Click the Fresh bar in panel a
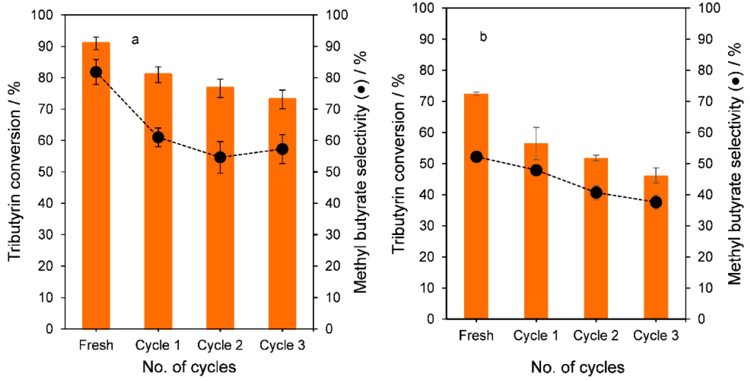[96, 204]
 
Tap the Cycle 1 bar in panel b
[536, 247]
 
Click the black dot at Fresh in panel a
[96, 72]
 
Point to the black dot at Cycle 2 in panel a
[220, 158]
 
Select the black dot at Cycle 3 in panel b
[656, 202]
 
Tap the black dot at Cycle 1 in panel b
[536, 170]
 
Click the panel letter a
[135, 40]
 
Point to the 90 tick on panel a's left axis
[45, 46]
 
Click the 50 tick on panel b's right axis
[705, 164]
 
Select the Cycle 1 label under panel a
[158, 345]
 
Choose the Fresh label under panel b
[476, 336]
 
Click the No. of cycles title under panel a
[189, 367]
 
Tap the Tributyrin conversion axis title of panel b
[398, 163]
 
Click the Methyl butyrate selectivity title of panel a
[360, 172]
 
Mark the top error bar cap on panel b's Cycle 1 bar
[536, 127]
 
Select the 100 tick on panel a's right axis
[336, 15]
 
